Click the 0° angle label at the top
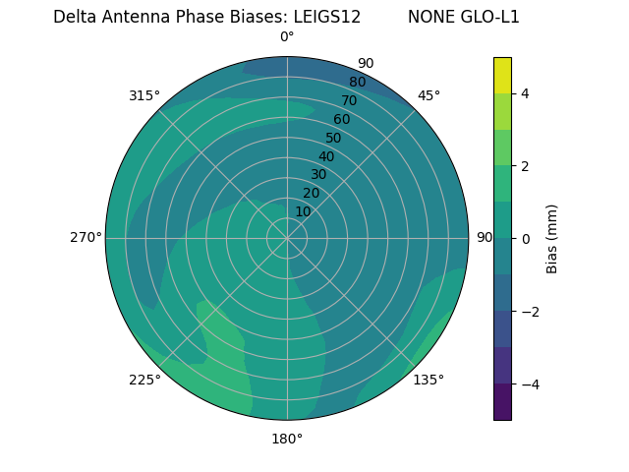click(287, 37)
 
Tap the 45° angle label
click(429, 95)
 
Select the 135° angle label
click(429, 380)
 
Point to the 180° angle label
click(287, 439)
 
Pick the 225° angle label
click(144, 380)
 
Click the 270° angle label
click(86, 237)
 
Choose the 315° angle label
click(144, 95)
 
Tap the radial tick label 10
click(303, 211)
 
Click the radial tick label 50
click(333, 139)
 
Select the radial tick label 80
click(357, 82)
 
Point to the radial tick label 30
click(318, 175)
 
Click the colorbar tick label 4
click(525, 93)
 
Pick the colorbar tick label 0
click(525, 238)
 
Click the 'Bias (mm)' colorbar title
click(552, 238)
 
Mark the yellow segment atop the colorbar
click(502, 75)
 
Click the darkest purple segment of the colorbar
click(502, 402)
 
